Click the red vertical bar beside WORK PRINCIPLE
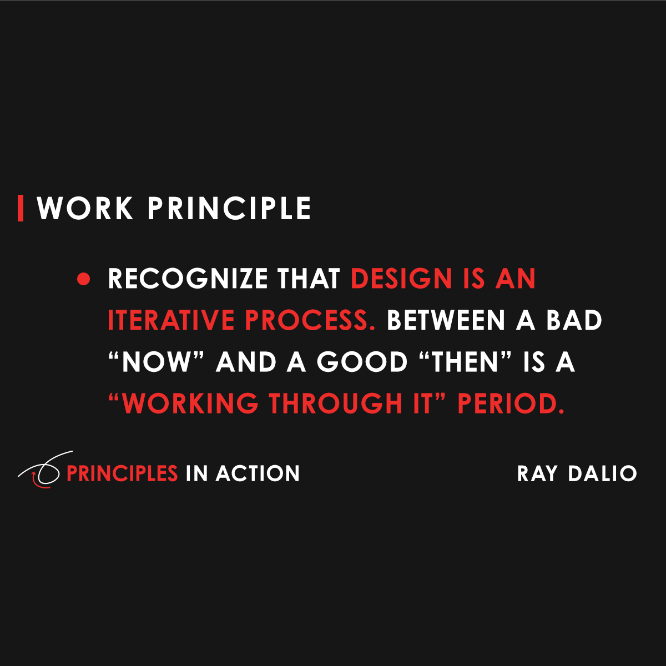click(x=21, y=208)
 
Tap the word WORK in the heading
click(x=85, y=209)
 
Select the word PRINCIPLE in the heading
click(x=229, y=209)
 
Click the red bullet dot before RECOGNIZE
click(x=83, y=279)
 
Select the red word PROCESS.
click(x=310, y=320)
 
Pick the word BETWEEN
click(x=446, y=320)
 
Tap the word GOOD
click(x=362, y=362)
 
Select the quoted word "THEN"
click(x=465, y=362)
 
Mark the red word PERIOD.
click(x=510, y=403)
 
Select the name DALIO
click(x=602, y=473)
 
